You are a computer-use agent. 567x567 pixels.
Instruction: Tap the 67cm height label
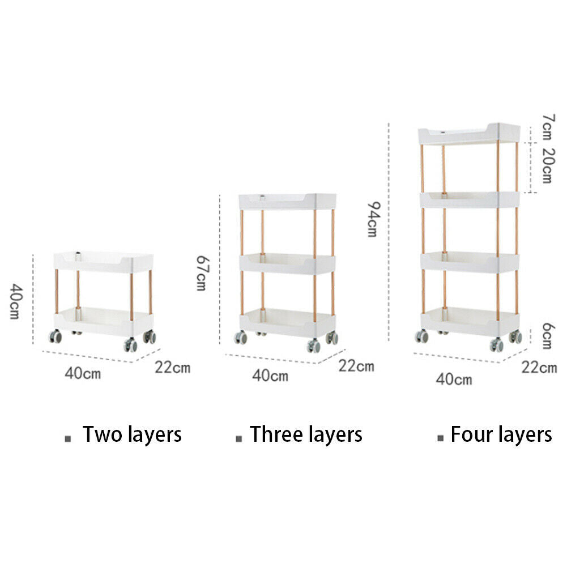201,272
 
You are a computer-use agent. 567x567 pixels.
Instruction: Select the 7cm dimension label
548,127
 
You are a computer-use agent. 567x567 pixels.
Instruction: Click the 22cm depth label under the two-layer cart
173,367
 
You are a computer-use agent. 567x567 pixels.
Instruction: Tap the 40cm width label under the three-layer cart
270,375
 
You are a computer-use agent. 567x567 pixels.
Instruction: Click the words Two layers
132,434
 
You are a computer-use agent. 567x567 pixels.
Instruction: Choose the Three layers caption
306,434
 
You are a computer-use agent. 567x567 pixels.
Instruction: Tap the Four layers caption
501,434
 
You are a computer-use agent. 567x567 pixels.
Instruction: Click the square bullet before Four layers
440,437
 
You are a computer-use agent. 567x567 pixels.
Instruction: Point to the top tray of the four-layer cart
468,134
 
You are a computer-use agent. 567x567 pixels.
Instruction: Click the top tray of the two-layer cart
104,262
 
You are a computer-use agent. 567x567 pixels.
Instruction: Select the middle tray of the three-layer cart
287,263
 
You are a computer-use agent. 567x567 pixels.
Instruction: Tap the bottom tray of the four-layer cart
470,321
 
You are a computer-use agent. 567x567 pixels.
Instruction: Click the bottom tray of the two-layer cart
104,321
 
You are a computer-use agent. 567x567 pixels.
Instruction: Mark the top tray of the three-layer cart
287,202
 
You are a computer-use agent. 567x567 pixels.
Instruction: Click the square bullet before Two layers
69,438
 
